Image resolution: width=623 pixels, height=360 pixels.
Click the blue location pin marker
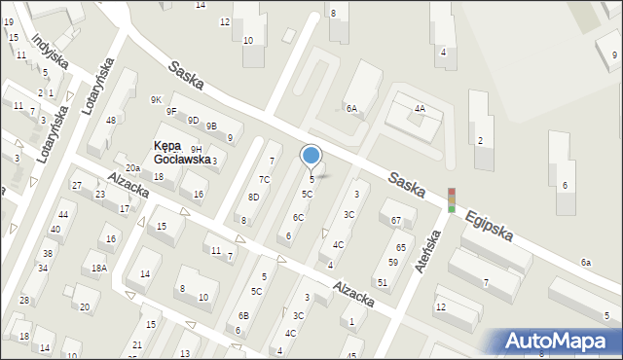point(311,156)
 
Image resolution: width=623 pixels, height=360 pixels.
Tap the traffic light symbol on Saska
point(452,199)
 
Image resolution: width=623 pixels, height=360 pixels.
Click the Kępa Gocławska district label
point(182,153)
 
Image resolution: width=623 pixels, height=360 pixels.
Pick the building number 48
point(111,121)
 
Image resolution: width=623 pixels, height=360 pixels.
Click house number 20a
point(132,168)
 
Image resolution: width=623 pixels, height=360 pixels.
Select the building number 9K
point(156,100)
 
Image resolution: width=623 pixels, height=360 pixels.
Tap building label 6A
point(351,109)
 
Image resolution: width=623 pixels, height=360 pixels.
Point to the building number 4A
point(420,109)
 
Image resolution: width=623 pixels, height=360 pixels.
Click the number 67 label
point(396,221)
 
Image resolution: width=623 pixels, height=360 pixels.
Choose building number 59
point(393,263)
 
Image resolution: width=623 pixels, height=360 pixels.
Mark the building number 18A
point(99,268)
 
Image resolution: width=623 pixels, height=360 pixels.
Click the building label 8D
point(253,198)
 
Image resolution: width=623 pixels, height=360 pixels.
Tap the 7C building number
point(264,180)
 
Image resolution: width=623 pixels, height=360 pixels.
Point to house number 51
point(383,282)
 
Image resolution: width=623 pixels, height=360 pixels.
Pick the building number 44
point(63,214)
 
